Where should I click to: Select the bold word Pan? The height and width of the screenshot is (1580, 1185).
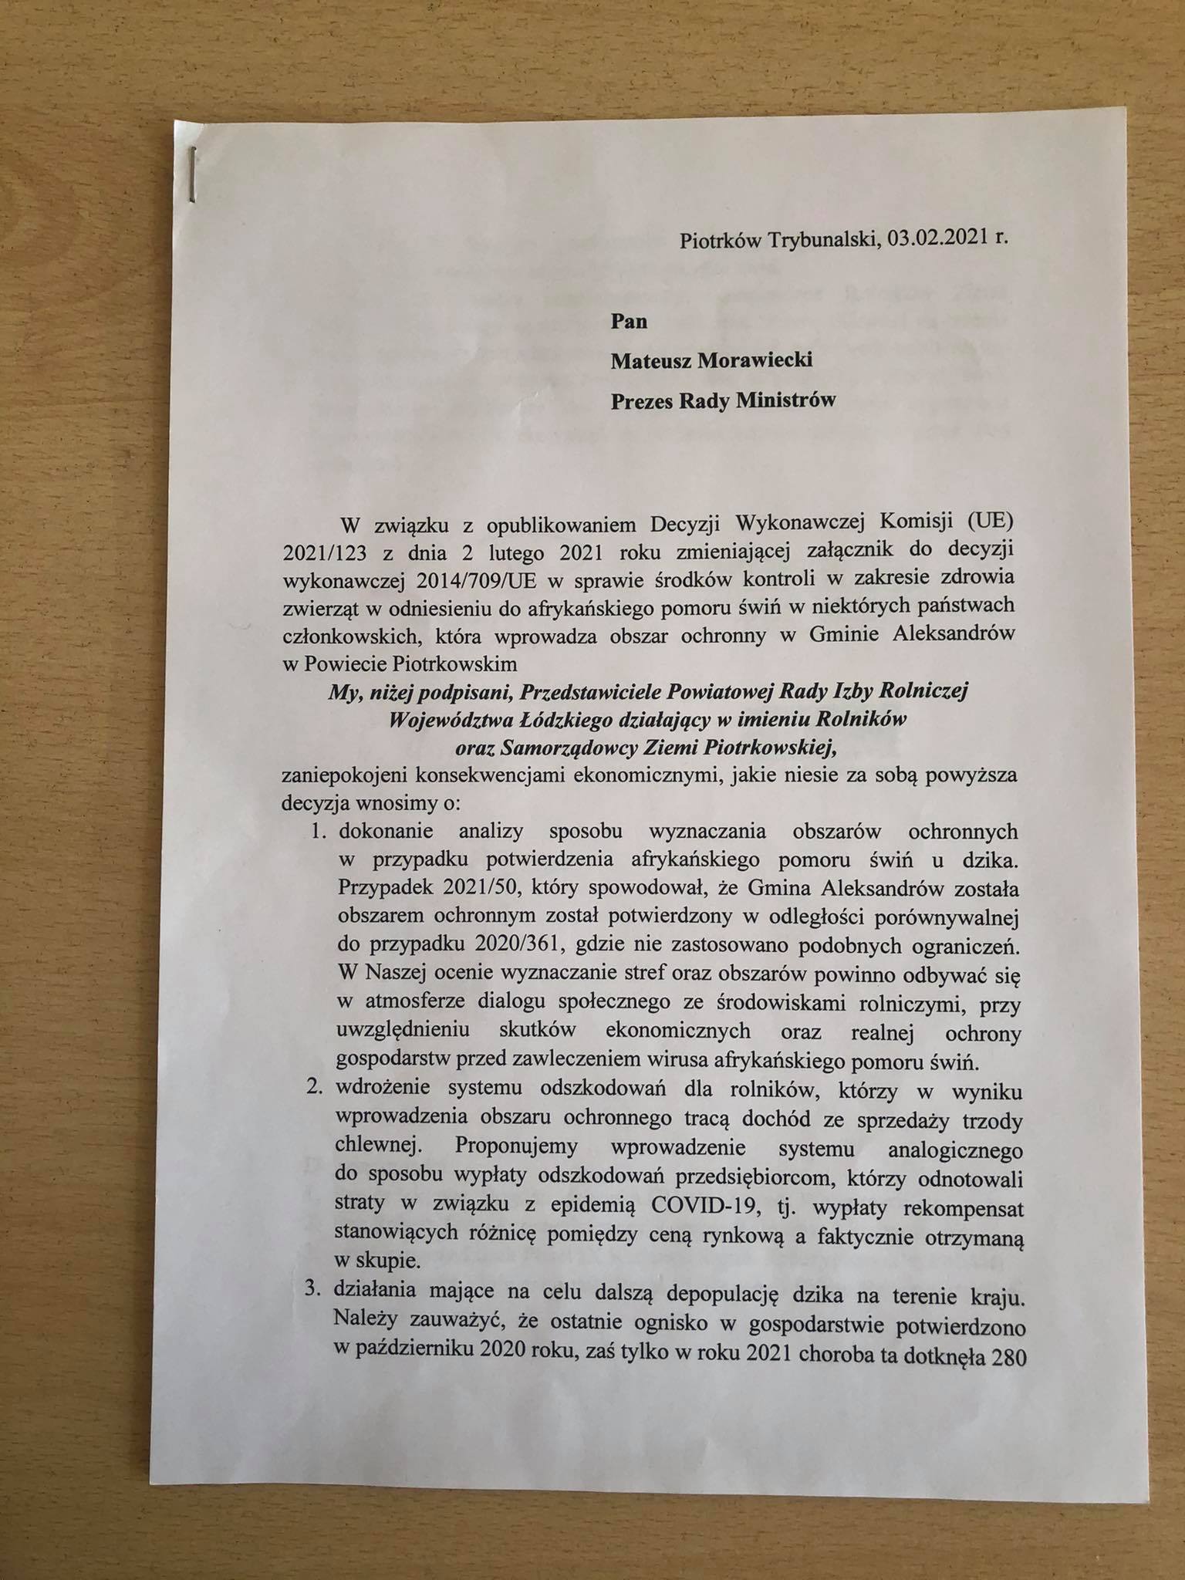click(629, 322)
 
